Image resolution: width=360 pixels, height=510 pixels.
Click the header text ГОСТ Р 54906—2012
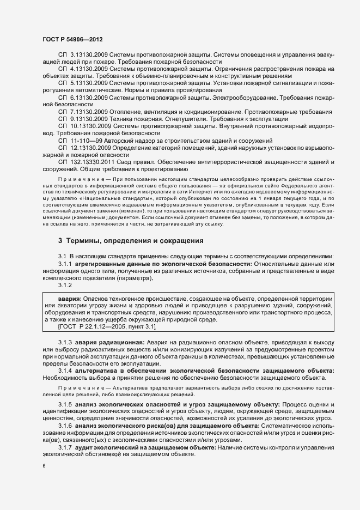coord(72,40)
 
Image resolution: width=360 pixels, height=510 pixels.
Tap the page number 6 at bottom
coord(44,466)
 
